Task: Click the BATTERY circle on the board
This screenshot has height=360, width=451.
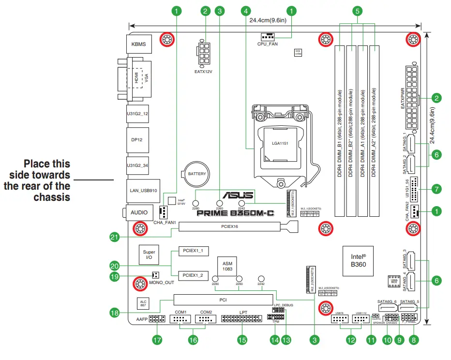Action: [x=197, y=174]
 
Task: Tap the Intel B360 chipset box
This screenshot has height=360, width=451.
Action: [x=358, y=261]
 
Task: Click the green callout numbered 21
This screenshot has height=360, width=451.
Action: [x=115, y=237]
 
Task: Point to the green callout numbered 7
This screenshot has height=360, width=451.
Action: [x=436, y=188]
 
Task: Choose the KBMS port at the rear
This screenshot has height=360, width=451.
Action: [x=139, y=45]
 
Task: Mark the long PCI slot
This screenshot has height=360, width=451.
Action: [x=223, y=300]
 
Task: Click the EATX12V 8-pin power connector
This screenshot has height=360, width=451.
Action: [x=206, y=53]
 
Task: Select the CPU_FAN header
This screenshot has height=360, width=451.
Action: [x=268, y=37]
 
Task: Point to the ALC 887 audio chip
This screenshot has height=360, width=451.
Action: [x=143, y=303]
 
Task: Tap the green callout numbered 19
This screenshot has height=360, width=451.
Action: [x=115, y=277]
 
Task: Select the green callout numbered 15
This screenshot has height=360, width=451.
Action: [x=242, y=340]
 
